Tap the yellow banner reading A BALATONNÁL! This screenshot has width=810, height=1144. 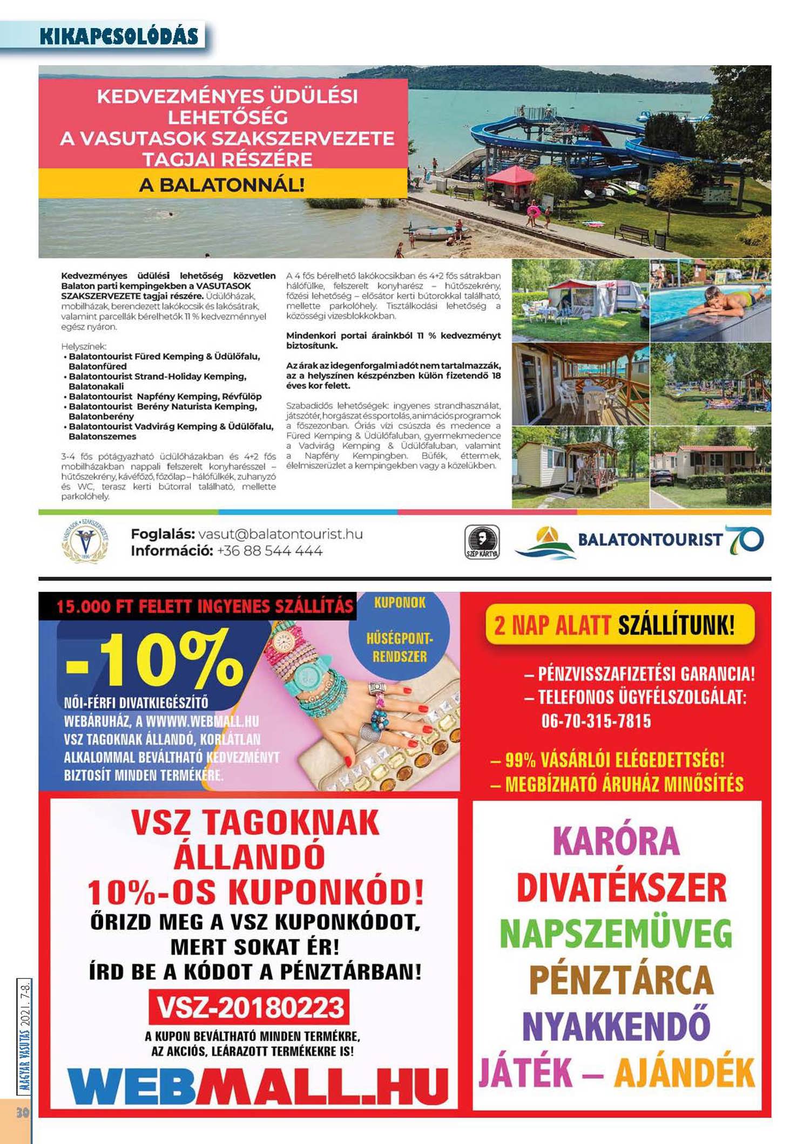tap(222, 185)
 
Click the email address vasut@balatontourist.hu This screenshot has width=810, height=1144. tap(280, 534)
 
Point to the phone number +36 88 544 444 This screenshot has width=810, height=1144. tap(269, 551)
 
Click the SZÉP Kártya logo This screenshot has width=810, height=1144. tap(482, 542)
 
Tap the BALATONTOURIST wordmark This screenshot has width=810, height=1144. tap(650, 539)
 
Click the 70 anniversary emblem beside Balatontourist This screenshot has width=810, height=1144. tap(745, 540)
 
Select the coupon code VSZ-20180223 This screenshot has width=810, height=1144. tap(250, 1007)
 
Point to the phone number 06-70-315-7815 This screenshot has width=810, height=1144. tap(596, 721)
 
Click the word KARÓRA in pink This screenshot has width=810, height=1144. tap(616, 840)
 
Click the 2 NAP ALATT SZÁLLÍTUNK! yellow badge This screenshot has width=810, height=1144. tap(619, 626)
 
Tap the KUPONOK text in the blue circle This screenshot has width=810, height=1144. tap(400, 603)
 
